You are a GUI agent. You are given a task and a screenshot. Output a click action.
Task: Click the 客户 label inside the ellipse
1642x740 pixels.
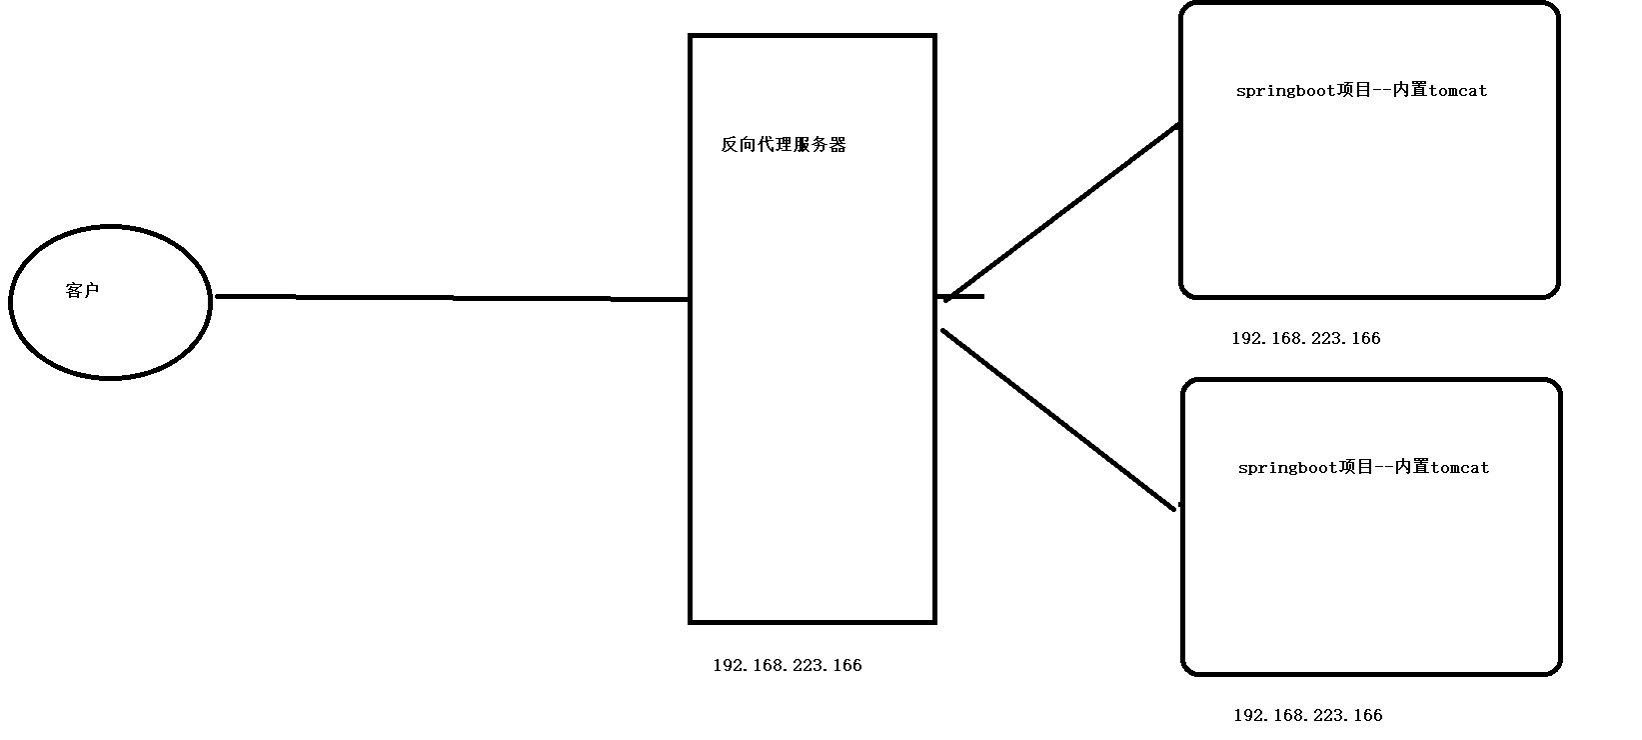click(82, 291)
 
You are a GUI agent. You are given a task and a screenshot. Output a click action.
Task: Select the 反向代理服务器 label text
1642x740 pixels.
click(784, 145)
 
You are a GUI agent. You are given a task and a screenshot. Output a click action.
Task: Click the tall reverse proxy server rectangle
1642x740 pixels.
click(812, 400)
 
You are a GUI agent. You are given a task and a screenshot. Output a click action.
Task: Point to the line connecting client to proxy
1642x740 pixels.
click(450, 297)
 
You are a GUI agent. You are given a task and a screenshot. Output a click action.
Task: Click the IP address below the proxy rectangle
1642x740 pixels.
click(787, 666)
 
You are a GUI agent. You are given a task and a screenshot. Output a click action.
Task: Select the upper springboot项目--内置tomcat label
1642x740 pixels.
click(1361, 91)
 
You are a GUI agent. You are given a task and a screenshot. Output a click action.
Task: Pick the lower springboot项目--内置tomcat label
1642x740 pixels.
click(1363, 468)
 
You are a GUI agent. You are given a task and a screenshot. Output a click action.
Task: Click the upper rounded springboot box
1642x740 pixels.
click(1369, 200)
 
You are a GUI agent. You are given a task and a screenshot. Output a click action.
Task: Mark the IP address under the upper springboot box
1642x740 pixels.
click(1305, 339)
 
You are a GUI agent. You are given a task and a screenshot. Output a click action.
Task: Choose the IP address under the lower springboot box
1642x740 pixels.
click(1307, 716)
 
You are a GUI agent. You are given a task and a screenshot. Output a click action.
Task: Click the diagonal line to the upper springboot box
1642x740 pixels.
click(1061, 212)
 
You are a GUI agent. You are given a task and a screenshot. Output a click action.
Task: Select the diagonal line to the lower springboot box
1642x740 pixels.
click(1057, 419)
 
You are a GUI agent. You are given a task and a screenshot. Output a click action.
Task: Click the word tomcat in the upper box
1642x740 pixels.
click(1458, 91)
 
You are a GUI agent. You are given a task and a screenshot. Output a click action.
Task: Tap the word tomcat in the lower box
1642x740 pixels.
click(1460, 468)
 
